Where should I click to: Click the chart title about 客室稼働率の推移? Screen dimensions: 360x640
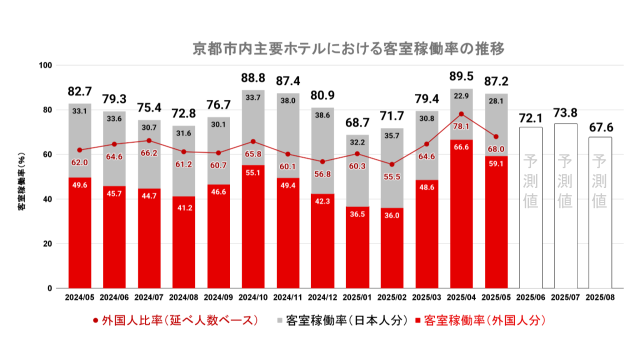[348, 49]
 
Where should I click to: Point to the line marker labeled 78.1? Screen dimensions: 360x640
[461, 114]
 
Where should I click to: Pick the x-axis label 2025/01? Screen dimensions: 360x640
[357, 297]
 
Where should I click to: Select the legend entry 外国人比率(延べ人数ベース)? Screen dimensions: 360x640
[175, 320]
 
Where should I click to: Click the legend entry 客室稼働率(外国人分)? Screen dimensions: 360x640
[480, 320]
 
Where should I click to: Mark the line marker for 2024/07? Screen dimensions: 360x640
[149, 140]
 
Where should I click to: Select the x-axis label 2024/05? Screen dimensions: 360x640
[80, 297]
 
